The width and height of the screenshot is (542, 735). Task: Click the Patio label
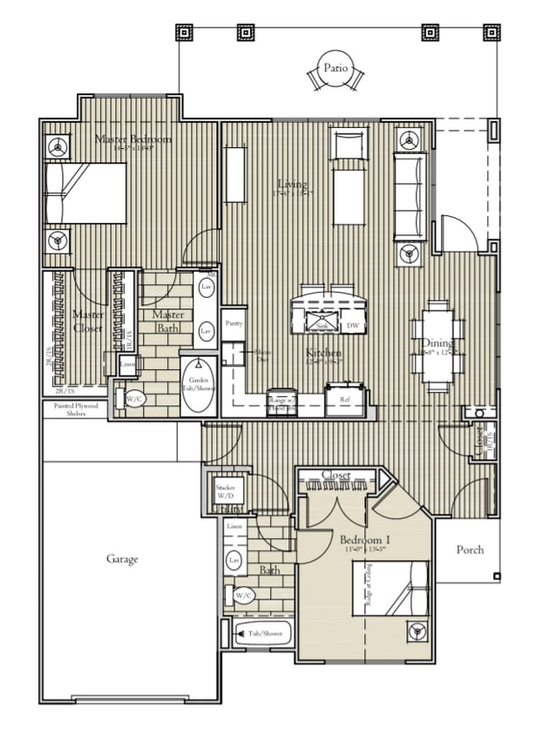pos(336,67)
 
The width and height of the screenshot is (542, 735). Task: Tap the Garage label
pos(122,559)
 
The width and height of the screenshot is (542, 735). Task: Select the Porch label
pos(470,550)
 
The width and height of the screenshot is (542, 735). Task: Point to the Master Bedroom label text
pos(133,139)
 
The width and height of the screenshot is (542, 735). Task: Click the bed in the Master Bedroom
pos(86,192)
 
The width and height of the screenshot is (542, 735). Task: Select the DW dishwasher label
pos(353,326)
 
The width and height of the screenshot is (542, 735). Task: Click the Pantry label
pos(233,323)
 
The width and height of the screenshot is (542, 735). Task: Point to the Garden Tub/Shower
pos(199,384)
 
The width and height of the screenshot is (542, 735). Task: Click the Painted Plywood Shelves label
pos(70,409)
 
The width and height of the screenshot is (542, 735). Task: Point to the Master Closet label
pos(88,321)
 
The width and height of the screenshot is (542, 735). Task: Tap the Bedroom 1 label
pos(364,541)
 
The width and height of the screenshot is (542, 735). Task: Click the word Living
pos(292,184)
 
